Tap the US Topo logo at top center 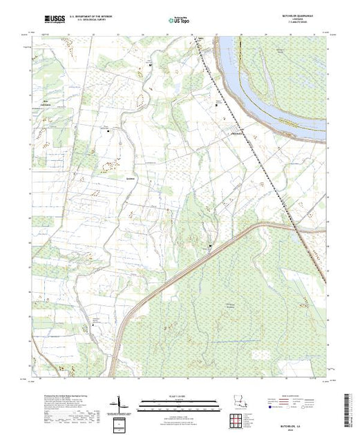pyautogui.click(x=179, y=20)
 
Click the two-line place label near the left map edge pyautogui.click(x=47, y=105)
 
